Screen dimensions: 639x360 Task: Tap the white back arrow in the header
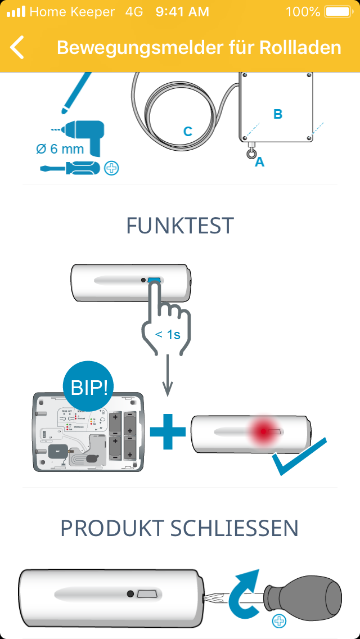click(17, 47)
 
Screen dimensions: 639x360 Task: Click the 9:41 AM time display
click(182, 12)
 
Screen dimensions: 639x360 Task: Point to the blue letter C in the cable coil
click(188, 132)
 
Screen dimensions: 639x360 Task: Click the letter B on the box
click(277, 114)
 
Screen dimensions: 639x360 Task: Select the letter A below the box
click(259, 162)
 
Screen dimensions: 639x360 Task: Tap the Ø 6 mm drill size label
click(60, 149)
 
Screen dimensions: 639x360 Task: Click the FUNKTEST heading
click(179, 226)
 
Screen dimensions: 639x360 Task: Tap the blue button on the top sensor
click(154, 280)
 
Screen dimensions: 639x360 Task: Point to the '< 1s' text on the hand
click(168, 335)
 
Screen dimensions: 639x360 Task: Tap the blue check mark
click(299, 456)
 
